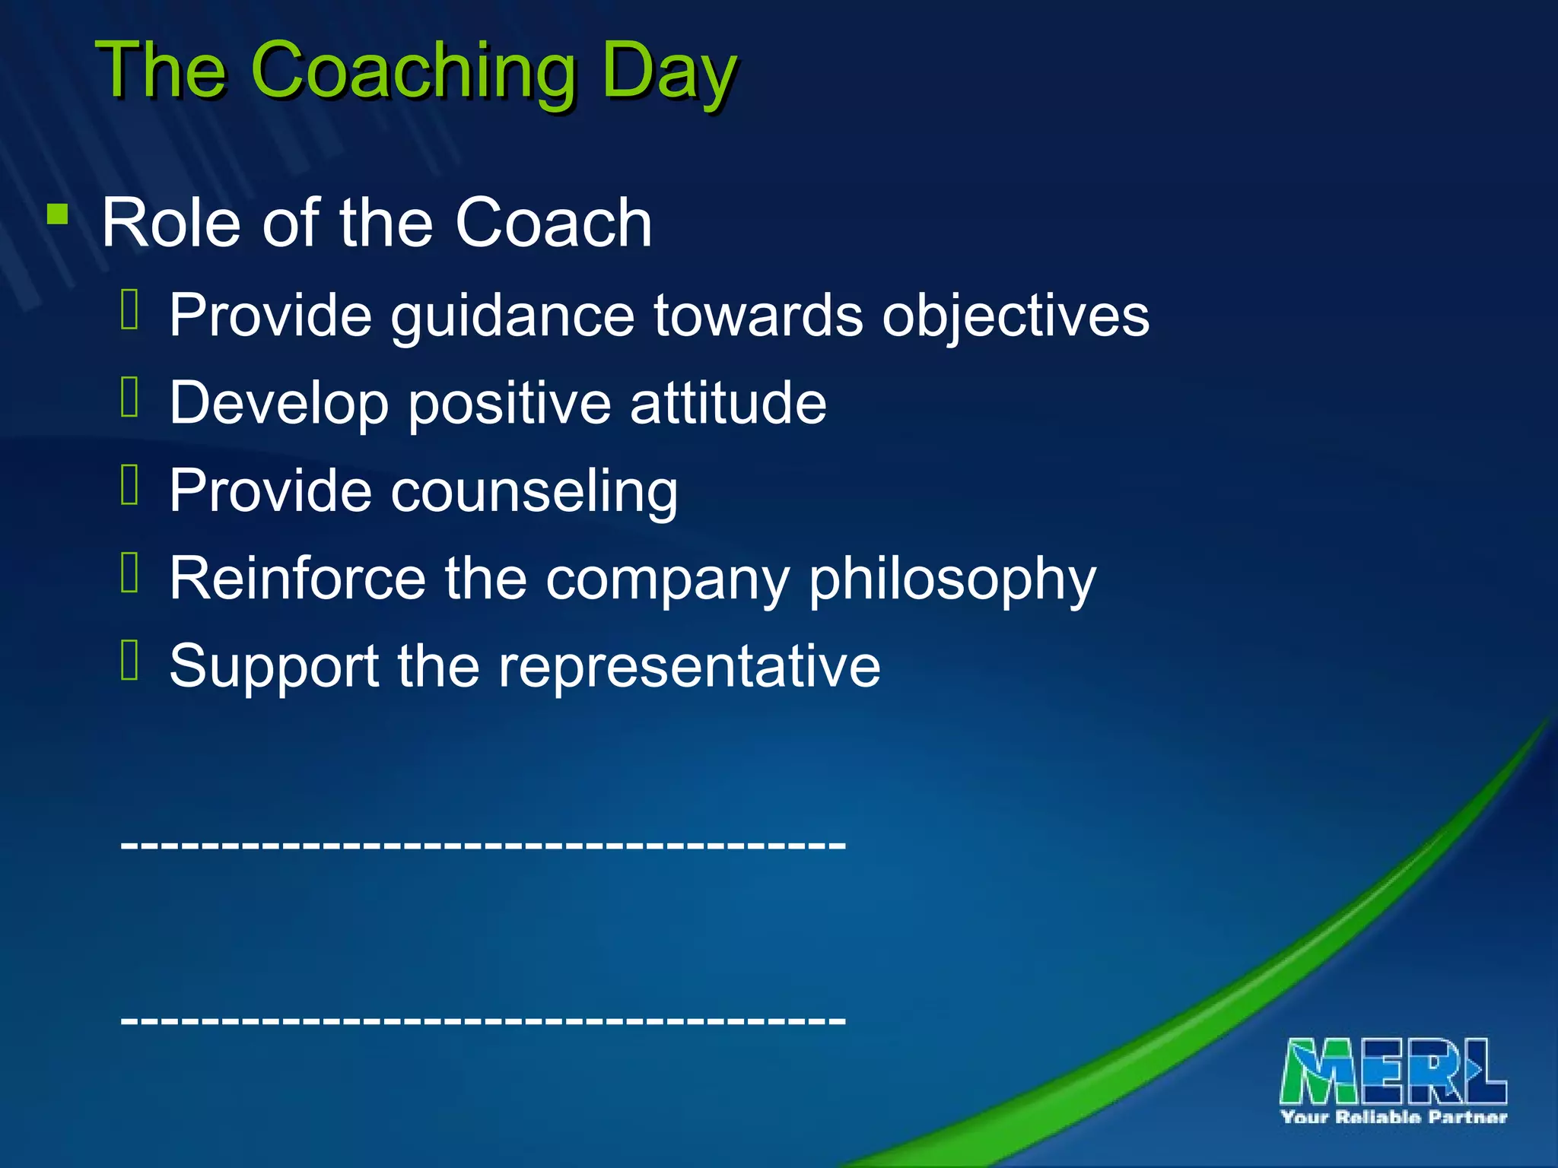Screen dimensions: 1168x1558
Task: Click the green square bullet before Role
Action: (x=57, y=214)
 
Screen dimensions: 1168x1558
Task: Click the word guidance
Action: (x=513, y=316)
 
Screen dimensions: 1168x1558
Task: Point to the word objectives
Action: (x=1015, y=316)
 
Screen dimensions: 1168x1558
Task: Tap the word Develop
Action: (x=278, y=404)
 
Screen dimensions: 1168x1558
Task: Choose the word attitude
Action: (x=728, y=402)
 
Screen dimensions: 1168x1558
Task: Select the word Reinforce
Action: (x=297, y=578)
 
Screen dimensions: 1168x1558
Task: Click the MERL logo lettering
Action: (x=1393, y=1071)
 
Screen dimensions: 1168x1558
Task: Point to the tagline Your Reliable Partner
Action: (x=1393, y=1117)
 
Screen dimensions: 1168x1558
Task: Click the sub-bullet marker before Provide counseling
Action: (x=130, y=484)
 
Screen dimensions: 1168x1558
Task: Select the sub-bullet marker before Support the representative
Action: (x=130, y=659)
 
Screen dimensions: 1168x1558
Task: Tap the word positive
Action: (x=509, y=404)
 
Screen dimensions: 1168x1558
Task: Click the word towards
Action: (x=758, y=315)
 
